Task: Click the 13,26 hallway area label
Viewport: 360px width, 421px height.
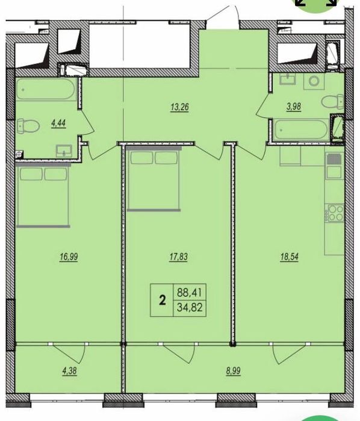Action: pos(179,107)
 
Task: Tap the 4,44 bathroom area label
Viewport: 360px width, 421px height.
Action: pos(58,123)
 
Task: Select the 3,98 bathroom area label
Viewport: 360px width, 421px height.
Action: pos(294,107)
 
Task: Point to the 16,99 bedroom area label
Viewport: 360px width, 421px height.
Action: pos(69,257)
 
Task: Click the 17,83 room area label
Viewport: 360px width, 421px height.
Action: pos(179,257)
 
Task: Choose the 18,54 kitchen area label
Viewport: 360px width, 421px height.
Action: pos(290,257)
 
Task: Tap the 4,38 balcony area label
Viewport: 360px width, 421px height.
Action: pos(69,371)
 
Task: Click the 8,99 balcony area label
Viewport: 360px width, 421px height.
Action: pos(233,371)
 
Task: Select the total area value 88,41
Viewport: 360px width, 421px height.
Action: pos(189,292)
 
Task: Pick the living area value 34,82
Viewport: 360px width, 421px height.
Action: pos(189,307)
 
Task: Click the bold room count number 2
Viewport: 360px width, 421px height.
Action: pos(162,300)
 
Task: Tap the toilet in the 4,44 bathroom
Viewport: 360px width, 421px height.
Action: pos(28,126)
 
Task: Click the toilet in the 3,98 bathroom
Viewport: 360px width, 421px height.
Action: pos(333,102)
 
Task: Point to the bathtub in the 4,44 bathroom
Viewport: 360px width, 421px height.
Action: pos(45,89)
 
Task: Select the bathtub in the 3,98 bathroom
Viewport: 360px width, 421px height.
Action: pos(300,130)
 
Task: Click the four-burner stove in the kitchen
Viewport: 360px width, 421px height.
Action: pos(335,213)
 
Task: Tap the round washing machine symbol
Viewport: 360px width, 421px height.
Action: pos(314,81)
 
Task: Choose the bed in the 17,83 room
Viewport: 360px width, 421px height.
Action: pos(154,179)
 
